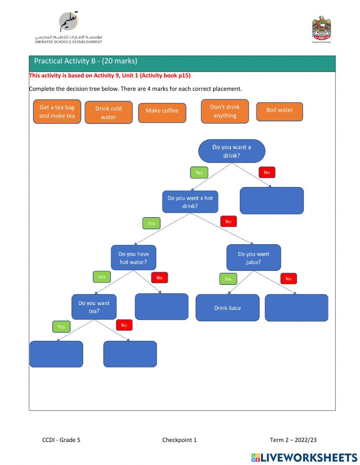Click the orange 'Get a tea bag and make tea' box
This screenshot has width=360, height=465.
click(57, 112)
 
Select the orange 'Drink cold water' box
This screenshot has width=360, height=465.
click(108, 112)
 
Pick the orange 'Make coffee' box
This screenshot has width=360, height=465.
click(162, 113)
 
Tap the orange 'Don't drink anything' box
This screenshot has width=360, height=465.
click(225, 111)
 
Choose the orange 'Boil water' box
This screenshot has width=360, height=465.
click(279, 112)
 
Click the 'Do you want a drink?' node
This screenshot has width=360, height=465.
click(231, 151)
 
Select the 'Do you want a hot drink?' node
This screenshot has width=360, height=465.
click(190, 202)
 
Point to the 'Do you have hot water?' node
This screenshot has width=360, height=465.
click(134, 258)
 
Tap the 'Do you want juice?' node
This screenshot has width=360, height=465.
click(253, 258)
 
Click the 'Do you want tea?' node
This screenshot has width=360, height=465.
click(94, 307)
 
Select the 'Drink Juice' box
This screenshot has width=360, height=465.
click(227, 308)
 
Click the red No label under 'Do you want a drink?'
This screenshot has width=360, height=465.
click(267, 173)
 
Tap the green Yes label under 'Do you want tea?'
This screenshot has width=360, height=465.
click(61, 327)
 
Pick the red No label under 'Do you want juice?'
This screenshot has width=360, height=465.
click(288, 278)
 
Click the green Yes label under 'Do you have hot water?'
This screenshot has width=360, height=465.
click(102, 277)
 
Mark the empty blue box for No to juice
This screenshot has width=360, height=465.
click(296, 308)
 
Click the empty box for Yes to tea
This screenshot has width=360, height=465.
click(56, 354)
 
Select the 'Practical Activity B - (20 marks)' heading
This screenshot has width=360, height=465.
click(86, 61)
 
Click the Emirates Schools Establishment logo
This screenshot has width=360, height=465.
click(68, 28)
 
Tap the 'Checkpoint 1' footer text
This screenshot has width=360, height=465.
click(179, 440)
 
